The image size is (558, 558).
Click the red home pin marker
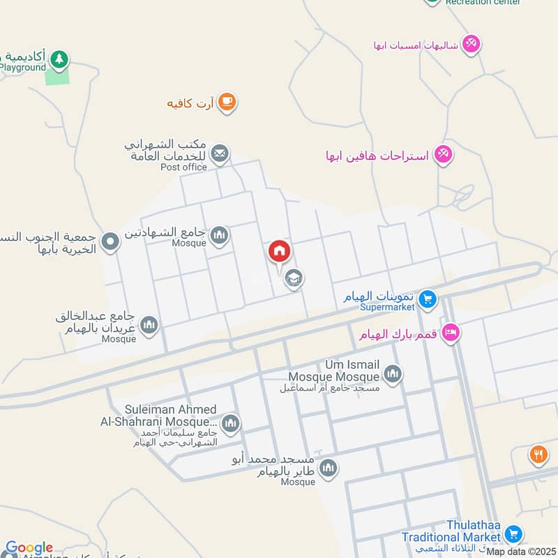(x=279, y=251)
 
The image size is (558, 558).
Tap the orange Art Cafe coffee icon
(x=227, y=103)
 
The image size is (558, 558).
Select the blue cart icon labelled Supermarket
(x=429, y=301)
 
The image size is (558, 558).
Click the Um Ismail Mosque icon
(x=393, y=375)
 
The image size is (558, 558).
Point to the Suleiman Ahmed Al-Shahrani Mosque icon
(x=230, y=423)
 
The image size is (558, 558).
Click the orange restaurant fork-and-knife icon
(x=538, y=455)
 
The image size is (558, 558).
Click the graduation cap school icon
(x=294, y=278)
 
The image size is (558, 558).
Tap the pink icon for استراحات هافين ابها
(x=443, y=154)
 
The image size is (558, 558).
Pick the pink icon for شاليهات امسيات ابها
(x=472, y=44)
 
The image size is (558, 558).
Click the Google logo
(x=29, y=548)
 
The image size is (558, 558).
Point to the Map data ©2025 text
(x=520, y=552)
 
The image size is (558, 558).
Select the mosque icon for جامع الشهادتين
(x=220, y=236)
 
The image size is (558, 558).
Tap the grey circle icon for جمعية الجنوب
(x=110, y=243)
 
